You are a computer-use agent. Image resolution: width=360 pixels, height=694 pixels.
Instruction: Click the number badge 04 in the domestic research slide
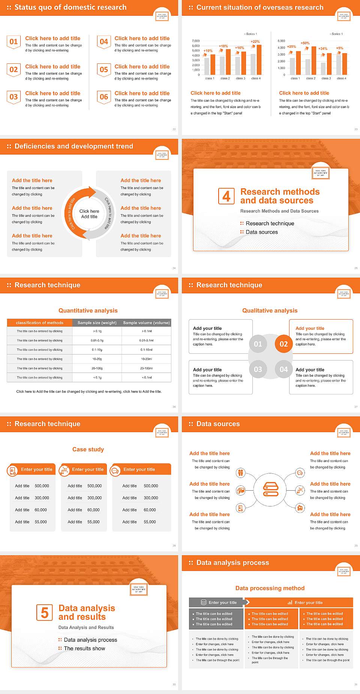tap(104, 42)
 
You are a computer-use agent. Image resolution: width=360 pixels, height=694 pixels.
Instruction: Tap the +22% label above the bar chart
tap(255, 42)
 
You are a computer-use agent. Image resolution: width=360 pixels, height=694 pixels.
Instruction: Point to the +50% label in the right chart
tap(305, 43)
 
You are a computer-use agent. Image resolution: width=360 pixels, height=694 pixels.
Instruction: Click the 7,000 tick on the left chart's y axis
tap(196, 41)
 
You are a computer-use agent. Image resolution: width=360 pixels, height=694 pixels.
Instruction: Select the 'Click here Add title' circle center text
tap(89, 214)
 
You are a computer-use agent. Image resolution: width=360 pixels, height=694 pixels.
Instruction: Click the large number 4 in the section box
tap(226, 196)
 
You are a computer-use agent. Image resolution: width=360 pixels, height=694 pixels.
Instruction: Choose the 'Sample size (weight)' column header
tap(97, 323)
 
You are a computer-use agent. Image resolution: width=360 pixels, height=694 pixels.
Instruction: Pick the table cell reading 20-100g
tap(97, 368)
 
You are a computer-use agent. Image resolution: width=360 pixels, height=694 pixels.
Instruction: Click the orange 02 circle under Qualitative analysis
tap(283, 344)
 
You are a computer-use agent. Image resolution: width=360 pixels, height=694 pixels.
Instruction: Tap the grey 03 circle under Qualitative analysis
tap(258, 370)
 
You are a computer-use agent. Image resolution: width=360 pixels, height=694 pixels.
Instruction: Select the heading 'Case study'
tap(88, 449)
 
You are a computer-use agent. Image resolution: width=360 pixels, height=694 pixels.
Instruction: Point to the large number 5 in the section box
tap(45, 613)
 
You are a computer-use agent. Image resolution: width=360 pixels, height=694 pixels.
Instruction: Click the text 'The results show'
tap(84, 648)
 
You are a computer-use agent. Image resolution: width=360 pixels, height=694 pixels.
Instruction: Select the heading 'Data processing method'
tap(270, 588)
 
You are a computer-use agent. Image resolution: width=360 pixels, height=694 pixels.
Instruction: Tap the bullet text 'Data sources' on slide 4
tap(262, 232)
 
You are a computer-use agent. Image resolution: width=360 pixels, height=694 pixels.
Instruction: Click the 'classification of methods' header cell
tap(39, 323)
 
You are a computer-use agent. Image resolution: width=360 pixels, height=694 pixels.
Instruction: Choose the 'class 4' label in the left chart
tap(256, 78)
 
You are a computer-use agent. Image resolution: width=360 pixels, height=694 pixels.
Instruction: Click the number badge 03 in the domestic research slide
tap(14, 97)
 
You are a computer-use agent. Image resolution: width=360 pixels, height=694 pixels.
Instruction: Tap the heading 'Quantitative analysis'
tap(88, 311)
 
